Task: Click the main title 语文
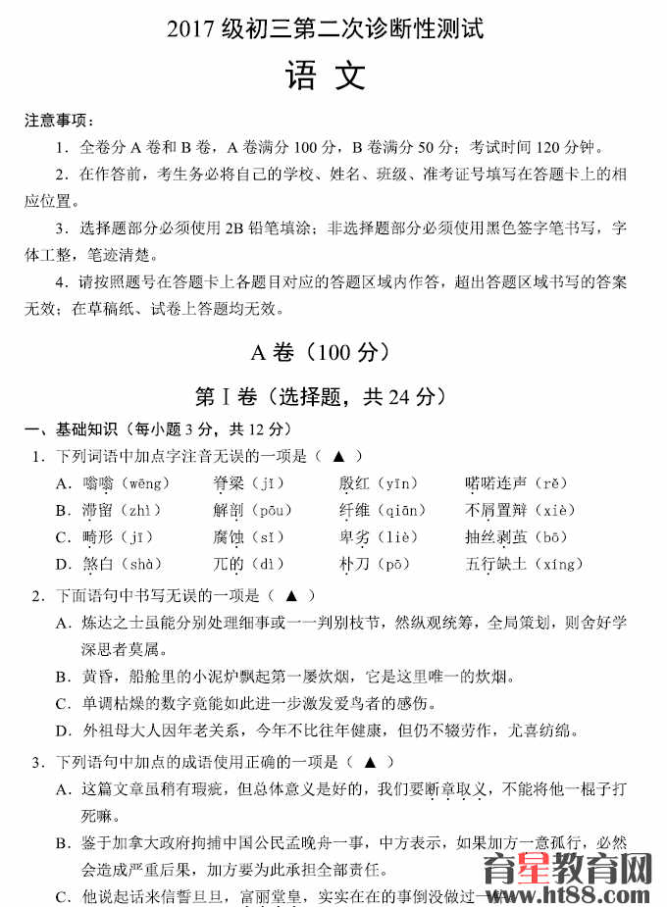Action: pyautogui.click(x=325, y=76)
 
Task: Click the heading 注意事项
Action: pyautogui.click(x=59, y=121)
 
